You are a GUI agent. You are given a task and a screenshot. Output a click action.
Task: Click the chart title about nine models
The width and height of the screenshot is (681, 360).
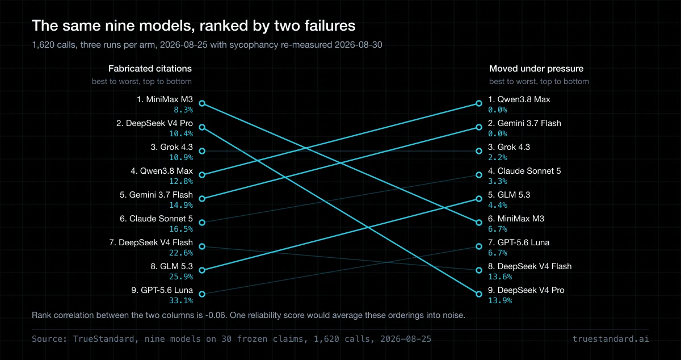tap(194, 26)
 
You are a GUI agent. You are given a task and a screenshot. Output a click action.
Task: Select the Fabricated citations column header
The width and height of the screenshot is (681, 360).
tap(150, 69)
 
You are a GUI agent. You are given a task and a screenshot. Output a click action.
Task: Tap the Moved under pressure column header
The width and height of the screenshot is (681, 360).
tap(536, 69)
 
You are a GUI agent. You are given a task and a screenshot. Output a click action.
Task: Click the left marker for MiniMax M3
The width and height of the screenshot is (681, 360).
tap(202, 103)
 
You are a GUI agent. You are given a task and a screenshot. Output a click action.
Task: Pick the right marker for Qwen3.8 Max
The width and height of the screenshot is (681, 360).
tap(479, 103)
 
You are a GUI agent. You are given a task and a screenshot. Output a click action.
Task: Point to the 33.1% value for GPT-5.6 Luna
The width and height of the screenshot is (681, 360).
tap(181, 300)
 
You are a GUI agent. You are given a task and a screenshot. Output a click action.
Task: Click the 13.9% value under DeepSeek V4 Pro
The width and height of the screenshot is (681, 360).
tap(500, 300)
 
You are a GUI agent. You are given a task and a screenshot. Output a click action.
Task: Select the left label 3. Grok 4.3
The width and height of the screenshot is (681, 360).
tap(172, 147)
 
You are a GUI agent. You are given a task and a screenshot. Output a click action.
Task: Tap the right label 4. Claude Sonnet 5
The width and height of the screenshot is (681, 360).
tap(524, 171)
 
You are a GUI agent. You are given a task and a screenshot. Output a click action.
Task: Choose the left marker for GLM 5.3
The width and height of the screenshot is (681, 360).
tap(202, 270)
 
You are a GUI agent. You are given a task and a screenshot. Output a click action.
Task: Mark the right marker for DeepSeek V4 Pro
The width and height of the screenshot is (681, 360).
tap(479, 294)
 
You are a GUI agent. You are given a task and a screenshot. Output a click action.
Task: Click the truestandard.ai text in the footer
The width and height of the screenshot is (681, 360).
tap(611, 339)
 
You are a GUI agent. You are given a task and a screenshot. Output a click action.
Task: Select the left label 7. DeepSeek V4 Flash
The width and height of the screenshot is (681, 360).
tap(151, 242)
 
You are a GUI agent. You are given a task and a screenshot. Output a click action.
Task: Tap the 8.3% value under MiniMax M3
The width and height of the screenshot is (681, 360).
tap(183, 110)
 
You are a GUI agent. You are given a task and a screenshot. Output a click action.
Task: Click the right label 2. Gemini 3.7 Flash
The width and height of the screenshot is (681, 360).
tap(524, 123)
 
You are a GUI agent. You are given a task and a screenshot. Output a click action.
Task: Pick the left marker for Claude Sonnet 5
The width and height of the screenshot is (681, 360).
tap(202, 223)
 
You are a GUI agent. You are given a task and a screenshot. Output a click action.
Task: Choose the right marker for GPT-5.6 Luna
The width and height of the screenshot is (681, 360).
tap(479, 246)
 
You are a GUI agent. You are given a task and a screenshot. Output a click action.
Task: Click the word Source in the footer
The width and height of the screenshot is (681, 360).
tap(48, 339)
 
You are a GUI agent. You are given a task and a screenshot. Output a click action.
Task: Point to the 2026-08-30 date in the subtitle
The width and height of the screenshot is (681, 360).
tap(359, 45)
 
